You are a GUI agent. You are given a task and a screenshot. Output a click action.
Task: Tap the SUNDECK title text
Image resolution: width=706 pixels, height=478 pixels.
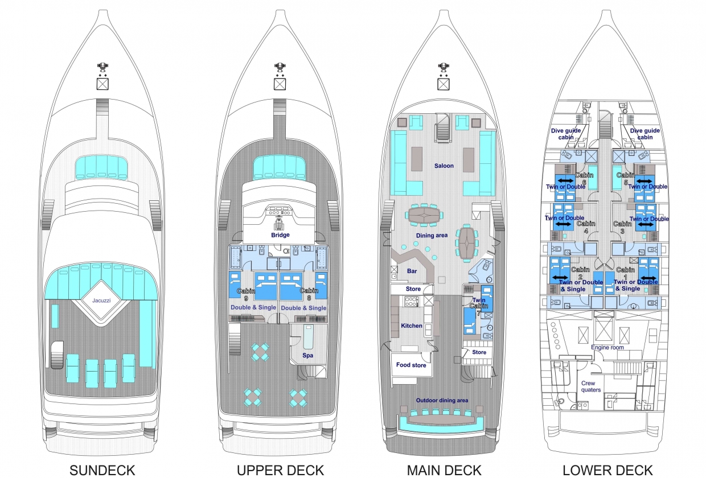102,470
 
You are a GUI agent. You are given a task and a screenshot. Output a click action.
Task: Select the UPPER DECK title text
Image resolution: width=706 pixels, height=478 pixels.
280,470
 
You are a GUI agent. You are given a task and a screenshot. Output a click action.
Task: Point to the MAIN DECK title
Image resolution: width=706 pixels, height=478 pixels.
444,470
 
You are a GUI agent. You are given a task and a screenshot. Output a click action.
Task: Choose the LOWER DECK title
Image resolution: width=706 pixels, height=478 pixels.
608,470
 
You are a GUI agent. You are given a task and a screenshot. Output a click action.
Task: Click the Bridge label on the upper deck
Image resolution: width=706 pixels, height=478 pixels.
280,234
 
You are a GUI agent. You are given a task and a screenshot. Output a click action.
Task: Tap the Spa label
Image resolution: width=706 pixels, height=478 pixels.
307,355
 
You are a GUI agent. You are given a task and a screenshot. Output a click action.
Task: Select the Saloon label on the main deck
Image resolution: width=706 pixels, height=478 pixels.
444,166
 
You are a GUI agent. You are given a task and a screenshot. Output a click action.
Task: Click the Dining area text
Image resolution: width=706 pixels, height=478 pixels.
431,235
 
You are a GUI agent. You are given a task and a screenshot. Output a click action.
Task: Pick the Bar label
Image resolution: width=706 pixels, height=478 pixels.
411,271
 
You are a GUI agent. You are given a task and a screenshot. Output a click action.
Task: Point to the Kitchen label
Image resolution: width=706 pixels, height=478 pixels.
412,325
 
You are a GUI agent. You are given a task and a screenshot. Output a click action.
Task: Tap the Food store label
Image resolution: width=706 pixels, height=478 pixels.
411,365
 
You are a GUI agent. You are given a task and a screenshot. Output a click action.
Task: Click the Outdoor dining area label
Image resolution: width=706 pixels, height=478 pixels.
442,401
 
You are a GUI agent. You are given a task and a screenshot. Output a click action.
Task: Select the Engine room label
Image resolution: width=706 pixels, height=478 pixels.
608,347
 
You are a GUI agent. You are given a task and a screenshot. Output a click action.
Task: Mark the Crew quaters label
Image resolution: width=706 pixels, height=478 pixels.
592,386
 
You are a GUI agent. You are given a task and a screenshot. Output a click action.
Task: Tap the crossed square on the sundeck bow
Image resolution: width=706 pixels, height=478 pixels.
102,84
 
